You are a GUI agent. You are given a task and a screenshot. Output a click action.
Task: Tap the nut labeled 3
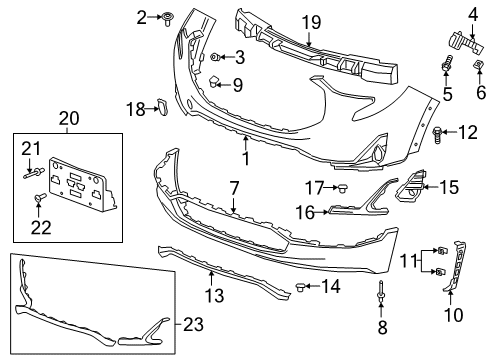216,59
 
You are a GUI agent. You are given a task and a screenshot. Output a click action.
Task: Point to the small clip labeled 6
479,70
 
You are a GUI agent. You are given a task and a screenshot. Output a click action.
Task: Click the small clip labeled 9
215,82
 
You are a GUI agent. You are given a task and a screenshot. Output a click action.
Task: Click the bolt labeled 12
440,131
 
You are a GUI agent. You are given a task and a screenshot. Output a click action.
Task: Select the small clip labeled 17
342,187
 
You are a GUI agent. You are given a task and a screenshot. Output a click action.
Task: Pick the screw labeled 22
39,200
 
